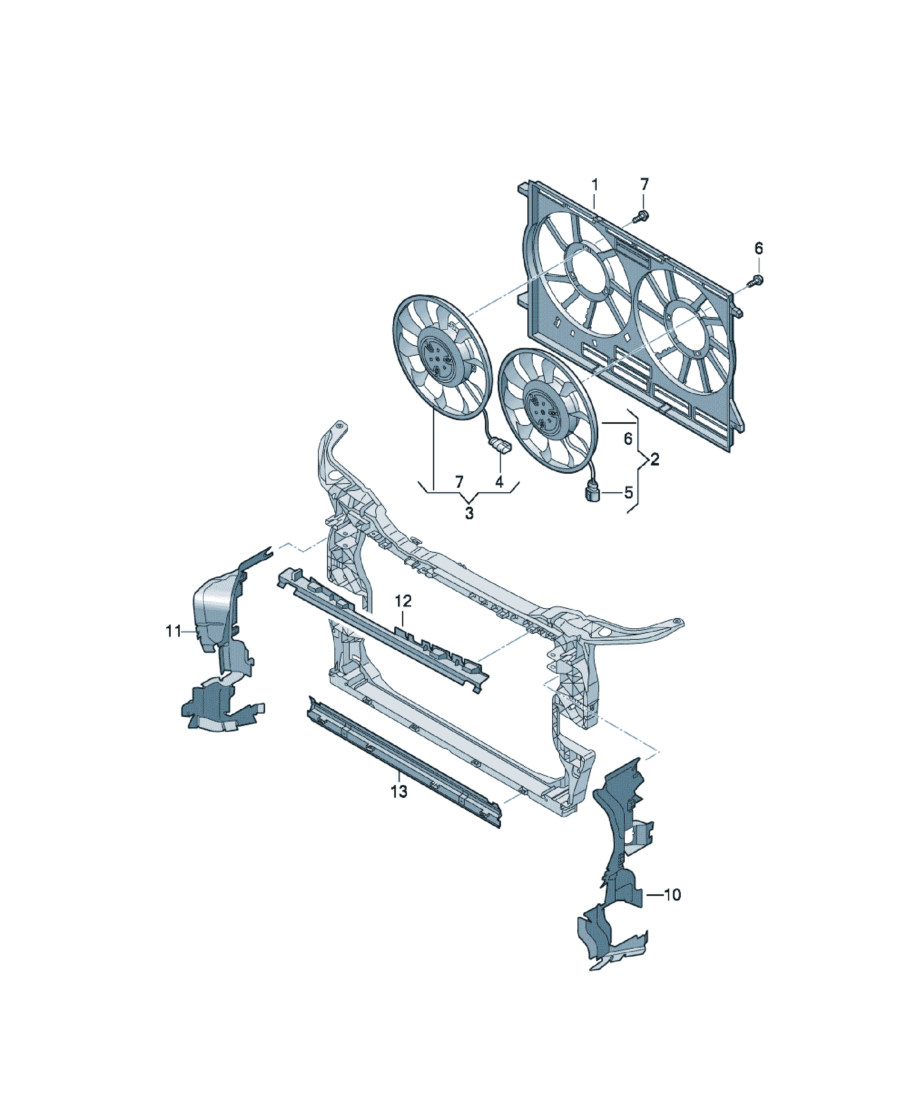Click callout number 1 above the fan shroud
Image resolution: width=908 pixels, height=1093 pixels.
[595, 185]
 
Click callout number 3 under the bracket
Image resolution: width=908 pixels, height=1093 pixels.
[469, 512]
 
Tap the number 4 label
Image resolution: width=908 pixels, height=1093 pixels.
[499, 482]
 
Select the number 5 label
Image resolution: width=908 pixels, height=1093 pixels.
[628, 492]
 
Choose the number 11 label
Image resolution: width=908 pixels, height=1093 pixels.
[173, 631]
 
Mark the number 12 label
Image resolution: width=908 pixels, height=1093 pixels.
[403, 601]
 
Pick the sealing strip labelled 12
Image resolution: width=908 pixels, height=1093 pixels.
[383, 630]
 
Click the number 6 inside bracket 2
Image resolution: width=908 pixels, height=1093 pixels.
[628, 439]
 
